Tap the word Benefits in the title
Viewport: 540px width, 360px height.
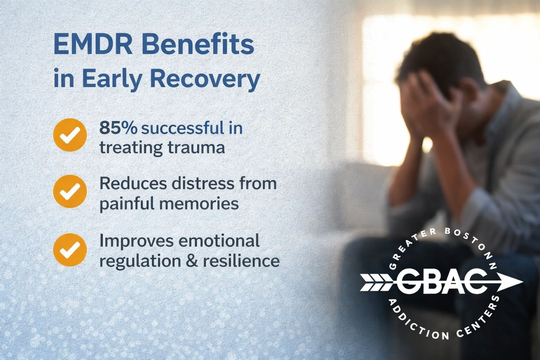click(x=198, y=45)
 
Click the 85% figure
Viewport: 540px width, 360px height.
click(x=118, y=128)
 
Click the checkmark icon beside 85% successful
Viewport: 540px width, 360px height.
click(x=70, y=135)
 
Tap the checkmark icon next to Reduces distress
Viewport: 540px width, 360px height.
click(x=70, y=191)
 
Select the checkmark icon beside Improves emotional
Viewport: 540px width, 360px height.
click(x=70, y=249)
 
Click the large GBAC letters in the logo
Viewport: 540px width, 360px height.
click(x=441, y=282)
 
